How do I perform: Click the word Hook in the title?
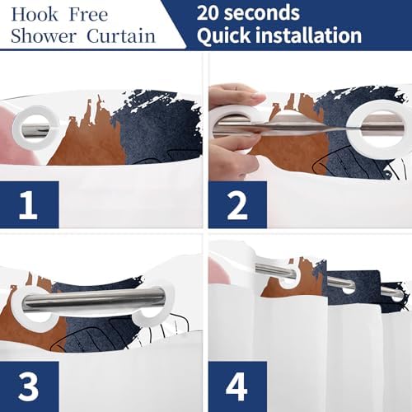(35, 15)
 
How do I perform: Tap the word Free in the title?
(88, 15)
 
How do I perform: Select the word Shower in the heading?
(44, 36)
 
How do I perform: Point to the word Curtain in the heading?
(121, 36)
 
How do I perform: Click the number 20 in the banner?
(208, 13)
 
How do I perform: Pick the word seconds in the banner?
(261, 13)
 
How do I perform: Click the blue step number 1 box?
(30, 204)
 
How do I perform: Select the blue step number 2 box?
(237, 204)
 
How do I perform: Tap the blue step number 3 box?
(30, 386)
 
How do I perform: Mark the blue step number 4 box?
(237, 386)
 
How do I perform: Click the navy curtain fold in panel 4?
(353, 288)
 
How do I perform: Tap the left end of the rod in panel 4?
(257, 269)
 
